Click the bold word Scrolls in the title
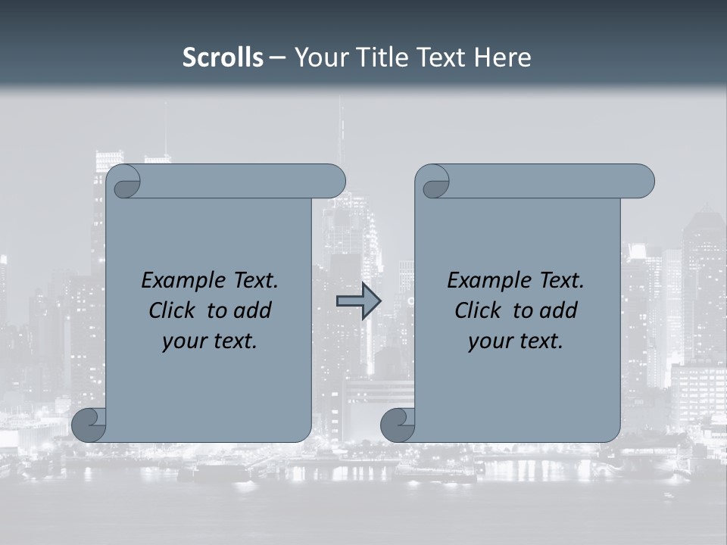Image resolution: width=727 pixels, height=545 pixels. pyautogui.click(x=223, y=58)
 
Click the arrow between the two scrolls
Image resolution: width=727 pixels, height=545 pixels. pyautogui.click(x=358, y=301)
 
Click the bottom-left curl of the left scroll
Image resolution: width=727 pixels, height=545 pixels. pyautogui.click(x=89, y=425)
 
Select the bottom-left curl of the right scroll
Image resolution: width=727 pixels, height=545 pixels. pyautogui.click(x=398, y=425)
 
